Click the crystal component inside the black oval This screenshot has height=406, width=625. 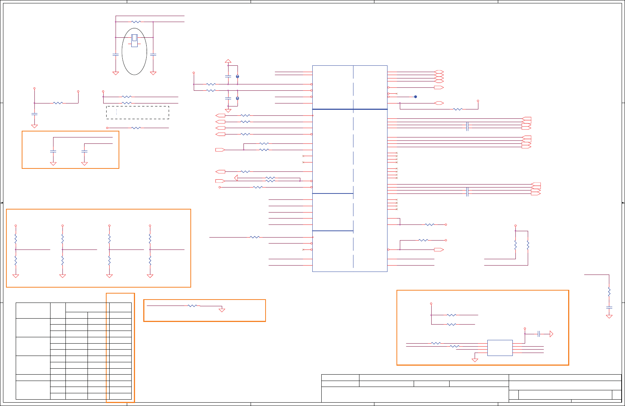click(134, 40)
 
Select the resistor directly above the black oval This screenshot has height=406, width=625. click(136, 22)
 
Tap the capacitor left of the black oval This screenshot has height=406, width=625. click(116, 55)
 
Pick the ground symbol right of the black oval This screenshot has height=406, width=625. click(153, 73)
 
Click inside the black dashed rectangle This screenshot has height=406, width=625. click(138, 112)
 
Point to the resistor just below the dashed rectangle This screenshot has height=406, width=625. click(136, 128)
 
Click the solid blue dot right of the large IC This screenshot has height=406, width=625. click(416, 97)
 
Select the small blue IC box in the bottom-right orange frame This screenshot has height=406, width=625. click(500, 348)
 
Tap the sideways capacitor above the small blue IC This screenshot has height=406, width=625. click(539, 334)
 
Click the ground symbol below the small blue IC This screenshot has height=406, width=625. click(475, 360)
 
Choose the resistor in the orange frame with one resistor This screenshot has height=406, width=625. click(192, 306)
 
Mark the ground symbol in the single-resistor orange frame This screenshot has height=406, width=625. click(222, 310)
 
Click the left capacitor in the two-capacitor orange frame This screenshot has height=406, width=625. click(53, 151)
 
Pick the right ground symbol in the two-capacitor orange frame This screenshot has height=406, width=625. click(85, 164)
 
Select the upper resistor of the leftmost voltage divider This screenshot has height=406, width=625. click(16, 238)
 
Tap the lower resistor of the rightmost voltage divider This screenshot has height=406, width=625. click(150, 260)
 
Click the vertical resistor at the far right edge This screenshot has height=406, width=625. click(609, 291)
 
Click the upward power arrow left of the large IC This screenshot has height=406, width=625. click(228, 61)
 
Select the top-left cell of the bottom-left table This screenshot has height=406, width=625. click(33, 310)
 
